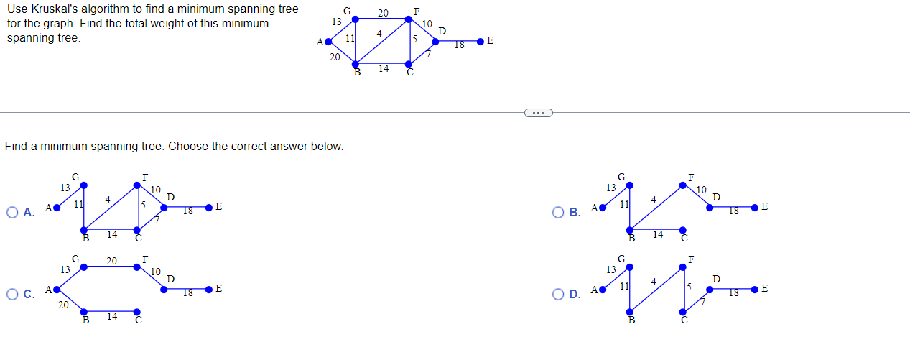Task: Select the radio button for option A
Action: (12, 212)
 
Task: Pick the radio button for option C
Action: (12, 294)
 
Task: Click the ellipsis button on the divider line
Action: (538, 112)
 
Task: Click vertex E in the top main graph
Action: (480, 42)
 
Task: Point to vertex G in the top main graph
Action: (356, 19)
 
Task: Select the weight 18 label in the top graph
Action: (459, 45)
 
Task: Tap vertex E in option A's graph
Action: (208, 208)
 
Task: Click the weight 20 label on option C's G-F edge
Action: (111, 261)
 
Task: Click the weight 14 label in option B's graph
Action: (658, 234)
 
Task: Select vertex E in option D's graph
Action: (754, 289)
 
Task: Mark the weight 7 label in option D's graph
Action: (704, 302)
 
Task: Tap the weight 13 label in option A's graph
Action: (65, 188)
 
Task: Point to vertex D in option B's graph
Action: (710, 207)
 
